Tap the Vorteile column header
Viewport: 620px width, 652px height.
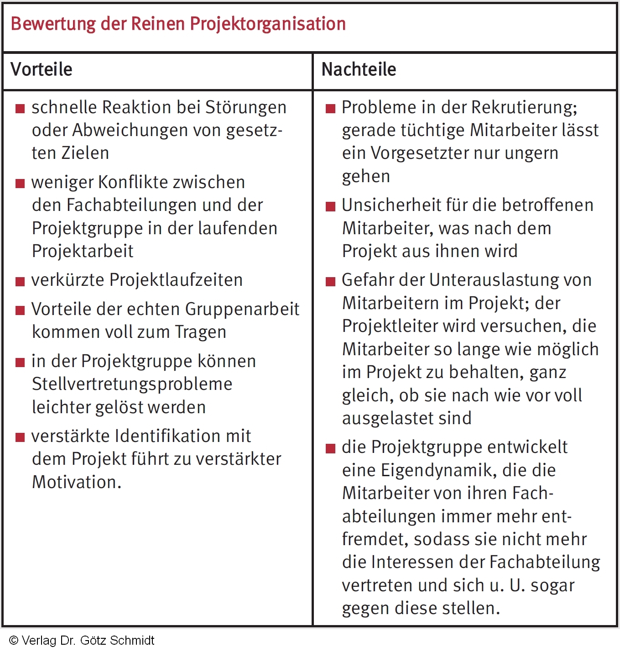pos(42,69)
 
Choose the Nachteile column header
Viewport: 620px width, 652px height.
pos(359,69)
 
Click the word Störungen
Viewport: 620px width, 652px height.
pos(246,107)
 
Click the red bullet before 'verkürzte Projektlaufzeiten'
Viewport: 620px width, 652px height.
pos(20,281)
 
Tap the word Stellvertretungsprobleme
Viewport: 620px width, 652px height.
pos(132,384)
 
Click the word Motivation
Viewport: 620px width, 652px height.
pos(77,482)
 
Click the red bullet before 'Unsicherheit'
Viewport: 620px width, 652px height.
pos(330,206)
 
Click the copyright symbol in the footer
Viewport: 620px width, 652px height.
pos(14,641)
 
